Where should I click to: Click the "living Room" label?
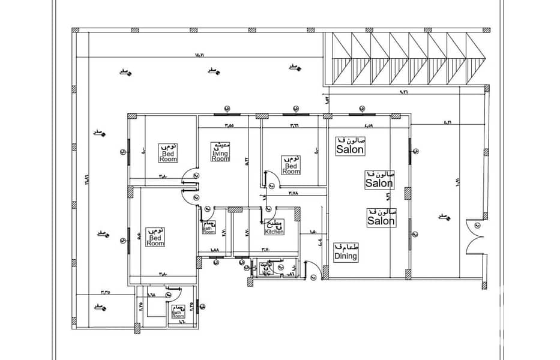click(x=220, y=155)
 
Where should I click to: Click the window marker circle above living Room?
click(x=227, y=108)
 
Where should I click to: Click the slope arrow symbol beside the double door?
click(x=444, y=215)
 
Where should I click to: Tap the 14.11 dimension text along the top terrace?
click(x=199, y=56)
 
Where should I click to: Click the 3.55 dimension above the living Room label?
click(x=229, y=126)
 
